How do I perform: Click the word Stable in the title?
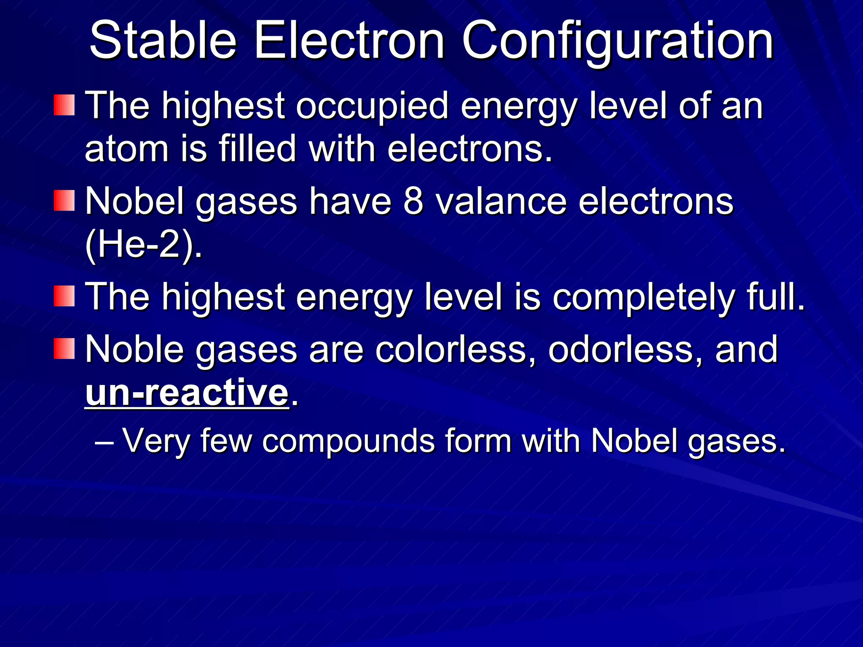click(163, 41)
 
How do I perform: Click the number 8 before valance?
click(413, 202)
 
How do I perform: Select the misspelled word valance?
click(501, 202)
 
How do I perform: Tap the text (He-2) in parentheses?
click(143, 245)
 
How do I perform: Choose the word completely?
click(643, 298)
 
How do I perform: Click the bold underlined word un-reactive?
click(187, 393)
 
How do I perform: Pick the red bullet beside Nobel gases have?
click(64, 201)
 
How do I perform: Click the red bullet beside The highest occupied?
click(64, 105)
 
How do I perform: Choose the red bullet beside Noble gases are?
click(64, 349)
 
